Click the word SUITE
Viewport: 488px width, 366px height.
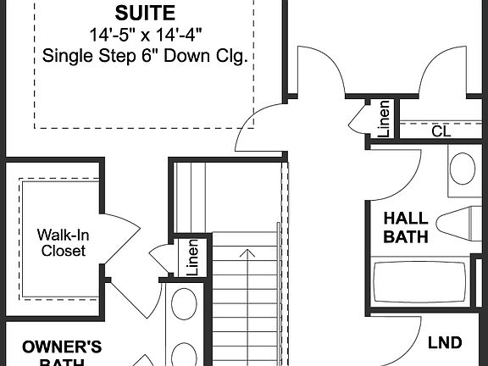click(x=146, y=13)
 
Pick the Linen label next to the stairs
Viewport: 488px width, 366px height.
click(x=192, y=258)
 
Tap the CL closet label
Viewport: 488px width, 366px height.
click(x=441, y=131)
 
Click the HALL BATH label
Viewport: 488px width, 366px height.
click(x=406, y=228)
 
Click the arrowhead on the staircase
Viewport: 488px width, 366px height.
click(x=247, y=253)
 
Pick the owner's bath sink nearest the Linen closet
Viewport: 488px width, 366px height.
click(x=183, y=303)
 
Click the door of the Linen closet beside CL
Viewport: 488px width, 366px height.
click(x=359, y=119)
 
